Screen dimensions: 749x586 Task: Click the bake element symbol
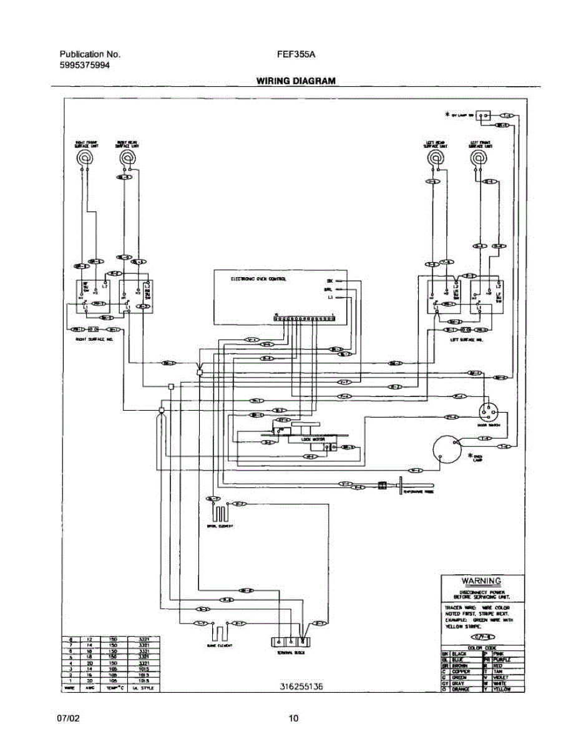(218, 632)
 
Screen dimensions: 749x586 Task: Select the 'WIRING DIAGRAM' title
(295, 81)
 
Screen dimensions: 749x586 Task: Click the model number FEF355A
(296, 54)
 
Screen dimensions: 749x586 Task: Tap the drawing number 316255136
(301, 687)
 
